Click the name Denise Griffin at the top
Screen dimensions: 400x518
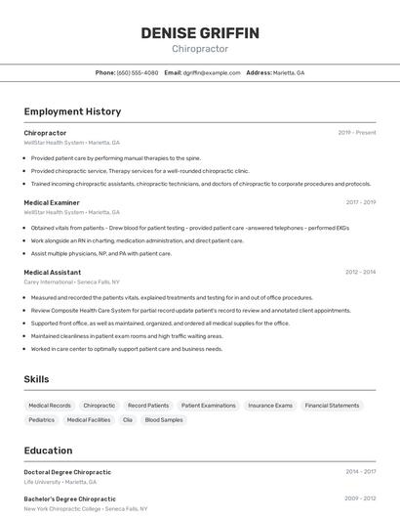click(x=200, y=33)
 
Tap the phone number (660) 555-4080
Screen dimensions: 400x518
click(x=138, y=72)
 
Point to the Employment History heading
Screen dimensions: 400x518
click(x=72, y=111)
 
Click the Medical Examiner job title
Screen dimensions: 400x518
click(x=52, y=202)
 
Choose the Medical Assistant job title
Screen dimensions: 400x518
click(x=53, y=273)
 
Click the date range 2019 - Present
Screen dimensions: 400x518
click(x=357, y=133)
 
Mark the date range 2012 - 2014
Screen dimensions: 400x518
click(x=360, y=273)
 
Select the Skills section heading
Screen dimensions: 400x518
click(x=37, y=379)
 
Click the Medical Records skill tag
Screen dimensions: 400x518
click(x=50, y=405)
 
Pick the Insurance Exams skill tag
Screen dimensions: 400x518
click(x=270, y=405)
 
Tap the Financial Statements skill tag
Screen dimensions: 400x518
click(x=332, y=405)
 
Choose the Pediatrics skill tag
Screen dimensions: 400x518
click(x=42, y=419)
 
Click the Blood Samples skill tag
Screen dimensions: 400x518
click(x=164, y=419)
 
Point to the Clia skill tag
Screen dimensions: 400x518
click(x=128, y=419)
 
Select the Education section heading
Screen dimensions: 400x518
click(x=49, y=451)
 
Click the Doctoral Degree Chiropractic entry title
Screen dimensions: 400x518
click(x=67, y=472)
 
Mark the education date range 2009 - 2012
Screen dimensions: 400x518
click(x=360, y=498)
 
